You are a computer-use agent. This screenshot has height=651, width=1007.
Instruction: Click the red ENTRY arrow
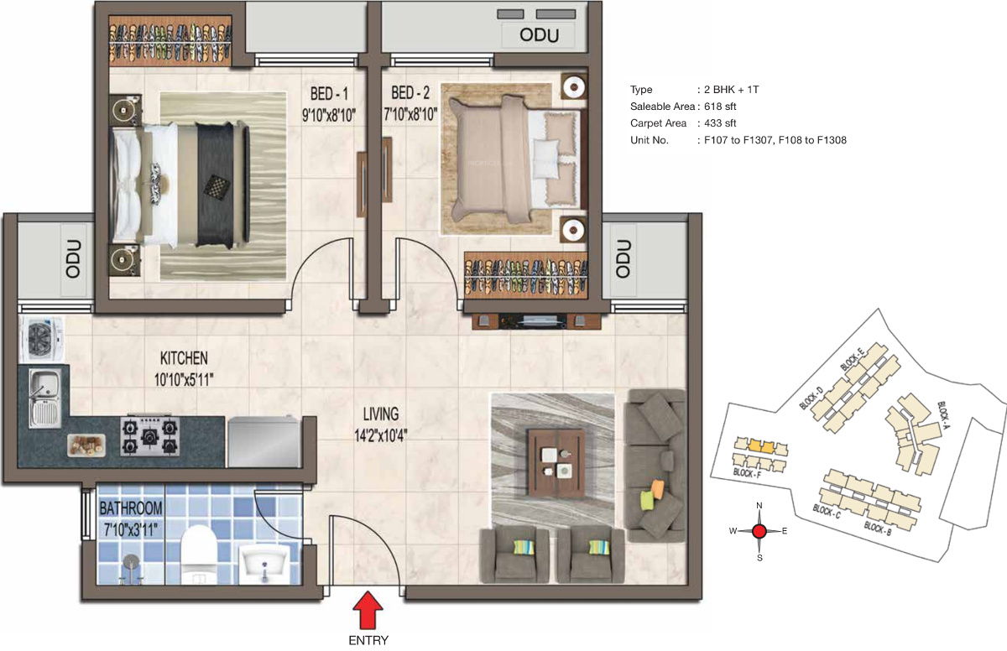pyautogui.click(x=368, y=610)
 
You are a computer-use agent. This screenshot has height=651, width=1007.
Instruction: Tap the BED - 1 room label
pyautogui.click(x=329, y=94)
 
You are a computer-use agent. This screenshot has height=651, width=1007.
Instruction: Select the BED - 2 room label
pyautogui.click(x=410, y=93)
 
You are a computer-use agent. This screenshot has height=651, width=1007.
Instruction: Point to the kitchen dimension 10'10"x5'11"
pyautogui.click(x=184, y=380)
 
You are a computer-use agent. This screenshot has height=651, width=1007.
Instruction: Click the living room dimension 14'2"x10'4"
pyautogui.click(x=381, y=435)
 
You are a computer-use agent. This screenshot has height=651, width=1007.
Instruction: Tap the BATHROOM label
pyautogui.click(x=131, y=508)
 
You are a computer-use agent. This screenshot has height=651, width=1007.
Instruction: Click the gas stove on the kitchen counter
pyautogui.click(x=150, y=435)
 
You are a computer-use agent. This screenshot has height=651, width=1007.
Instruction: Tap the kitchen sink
pyautogui.click(x=44, y=398)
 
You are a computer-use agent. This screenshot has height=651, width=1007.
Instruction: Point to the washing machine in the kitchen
pyautogui.click(x=42, y=339)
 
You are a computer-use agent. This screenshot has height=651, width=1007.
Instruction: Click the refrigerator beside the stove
pyautogui.click(x=263, y=441)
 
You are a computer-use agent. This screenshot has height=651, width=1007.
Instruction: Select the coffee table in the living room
pyautogui.click(x=556, y=463)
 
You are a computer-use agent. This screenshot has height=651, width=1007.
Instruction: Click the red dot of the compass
pyautogui.click(x=759, y=532)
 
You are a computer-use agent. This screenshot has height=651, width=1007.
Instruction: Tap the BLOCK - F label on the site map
pyautogui.click(x=747, y=473)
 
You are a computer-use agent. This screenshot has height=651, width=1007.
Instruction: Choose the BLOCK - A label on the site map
pyautogui.click(x=943, y=414)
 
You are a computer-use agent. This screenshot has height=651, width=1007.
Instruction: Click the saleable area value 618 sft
pyautogui.click(x=720, y=107)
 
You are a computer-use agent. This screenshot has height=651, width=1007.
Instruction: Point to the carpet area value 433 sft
pyautogui.click(x=720, y=123)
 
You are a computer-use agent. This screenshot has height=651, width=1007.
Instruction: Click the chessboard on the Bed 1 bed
pyautogui.click(x=217, y=186)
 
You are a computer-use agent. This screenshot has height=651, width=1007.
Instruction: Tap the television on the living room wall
pyautogui.click(x=537, y=321)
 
